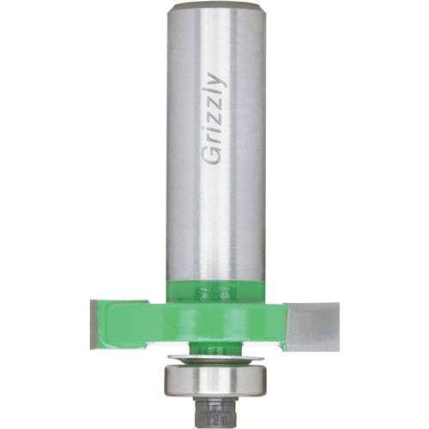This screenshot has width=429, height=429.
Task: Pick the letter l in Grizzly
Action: tap(214, 92)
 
